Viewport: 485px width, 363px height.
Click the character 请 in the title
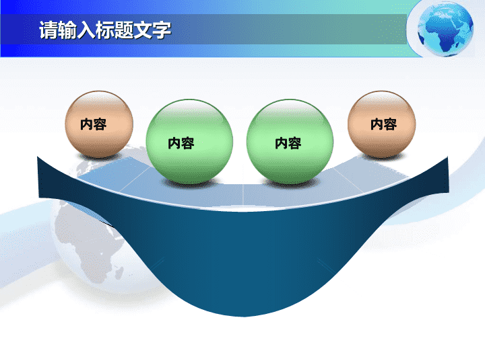tap(48, 30)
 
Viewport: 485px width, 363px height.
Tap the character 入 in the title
tap(86, 30)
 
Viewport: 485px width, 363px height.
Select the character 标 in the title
tap(105, 30)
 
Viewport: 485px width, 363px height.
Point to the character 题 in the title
tap(124, 30)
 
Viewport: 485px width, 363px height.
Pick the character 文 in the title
tap(143, 30)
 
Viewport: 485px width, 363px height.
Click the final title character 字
tap(162, 30)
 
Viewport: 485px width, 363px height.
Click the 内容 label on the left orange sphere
tap(94, 124)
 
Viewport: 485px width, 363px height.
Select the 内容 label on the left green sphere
tap(181, 143)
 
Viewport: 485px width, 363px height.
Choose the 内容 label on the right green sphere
tap(288, 143)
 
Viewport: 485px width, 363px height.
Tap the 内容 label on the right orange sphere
tap(383, 124)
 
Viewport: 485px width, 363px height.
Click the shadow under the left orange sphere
tap(100, 157)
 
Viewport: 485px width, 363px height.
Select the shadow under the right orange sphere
tap(383, 157)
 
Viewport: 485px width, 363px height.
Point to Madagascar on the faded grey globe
tap(119, 272)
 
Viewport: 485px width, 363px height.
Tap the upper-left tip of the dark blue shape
tap(38, 157)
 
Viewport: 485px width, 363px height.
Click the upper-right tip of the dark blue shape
tap(447, 157)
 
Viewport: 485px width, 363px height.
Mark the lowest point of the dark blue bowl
tap(243, 317)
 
